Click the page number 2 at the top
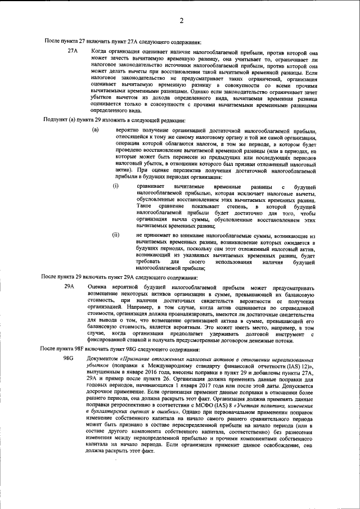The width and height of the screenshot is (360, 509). pos(182,21)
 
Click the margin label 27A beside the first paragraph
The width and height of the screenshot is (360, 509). pos(72,51)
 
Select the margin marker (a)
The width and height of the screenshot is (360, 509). pos(96,129)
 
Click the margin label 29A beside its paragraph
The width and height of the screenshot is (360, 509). pos(69,287)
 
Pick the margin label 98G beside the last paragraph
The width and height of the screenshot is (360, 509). pos(69,358)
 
